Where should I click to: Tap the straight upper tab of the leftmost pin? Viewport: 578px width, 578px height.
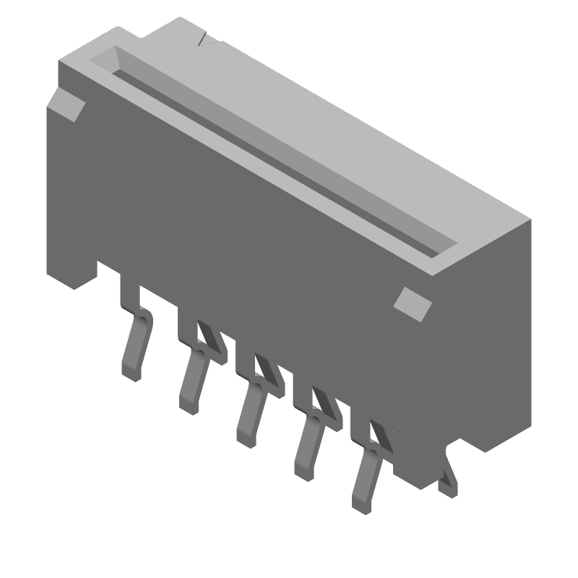[130, 293]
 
